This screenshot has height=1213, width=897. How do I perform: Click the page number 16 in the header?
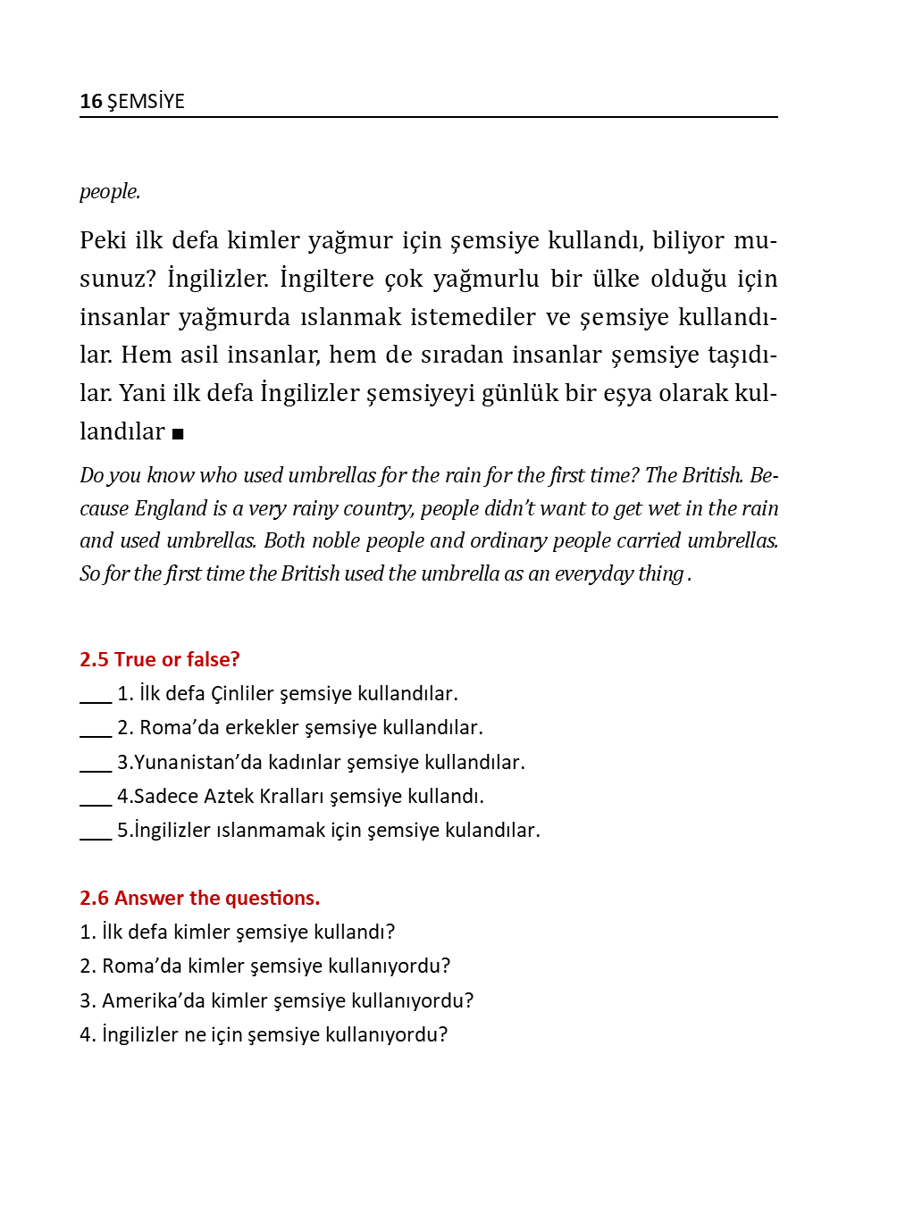point(90,102)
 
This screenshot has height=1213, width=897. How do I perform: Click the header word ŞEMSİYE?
point(146,102)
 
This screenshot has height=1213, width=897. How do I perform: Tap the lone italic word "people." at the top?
point(110,192)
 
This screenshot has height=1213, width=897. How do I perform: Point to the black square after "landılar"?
point(178,434)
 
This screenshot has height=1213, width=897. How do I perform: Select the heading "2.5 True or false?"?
point(160,660)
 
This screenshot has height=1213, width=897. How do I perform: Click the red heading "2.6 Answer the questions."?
point(199,899)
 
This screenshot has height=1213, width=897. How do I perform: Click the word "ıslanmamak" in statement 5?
point(268,831)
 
